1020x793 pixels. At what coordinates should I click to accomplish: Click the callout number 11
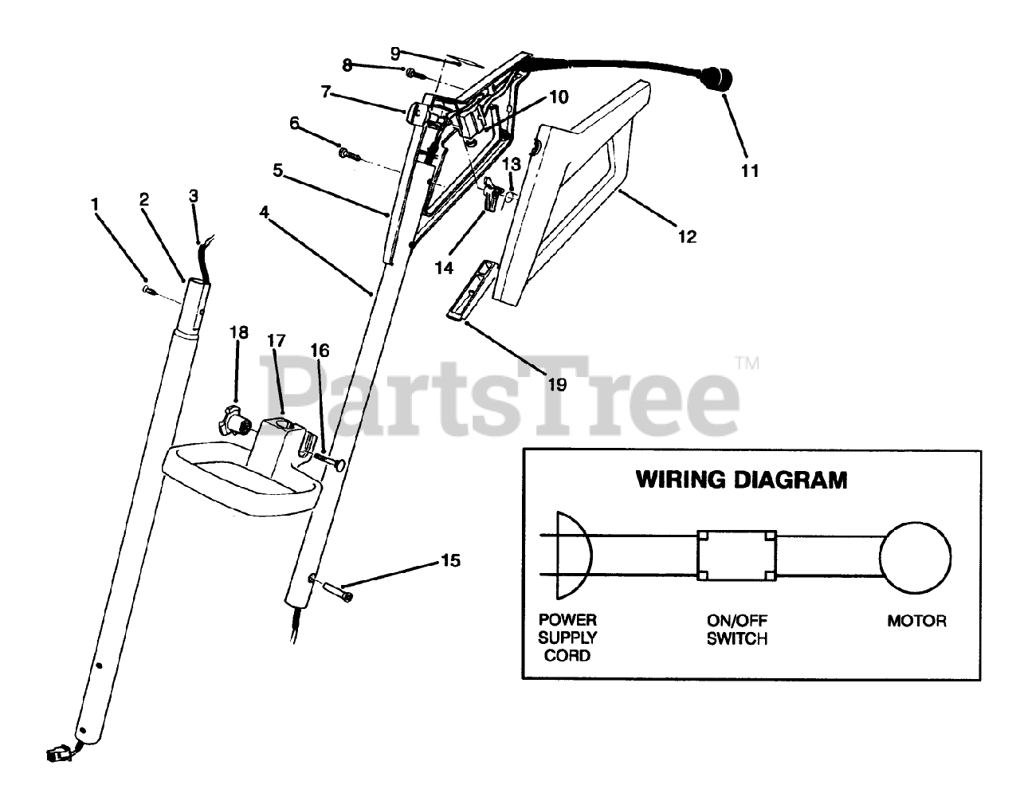(749, 170)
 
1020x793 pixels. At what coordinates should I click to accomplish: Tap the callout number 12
(686, 236)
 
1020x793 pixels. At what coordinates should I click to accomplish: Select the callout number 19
(557, 384)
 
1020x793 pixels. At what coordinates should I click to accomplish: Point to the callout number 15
(450, 560)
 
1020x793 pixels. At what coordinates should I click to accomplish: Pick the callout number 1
(95, 204)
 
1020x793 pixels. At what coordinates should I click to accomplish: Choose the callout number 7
(325, 92)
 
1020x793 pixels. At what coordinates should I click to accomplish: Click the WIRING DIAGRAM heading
(740, 480)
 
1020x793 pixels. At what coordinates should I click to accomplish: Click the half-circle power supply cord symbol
(573, 555)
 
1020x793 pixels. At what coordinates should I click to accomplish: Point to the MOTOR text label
(916, 621)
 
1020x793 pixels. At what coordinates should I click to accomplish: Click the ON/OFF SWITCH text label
(736, 629)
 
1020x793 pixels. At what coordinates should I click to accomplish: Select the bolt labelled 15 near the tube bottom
(338, 591)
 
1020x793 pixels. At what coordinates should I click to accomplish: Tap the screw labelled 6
(347, 151)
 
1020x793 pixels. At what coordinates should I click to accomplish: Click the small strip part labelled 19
(469, 290)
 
